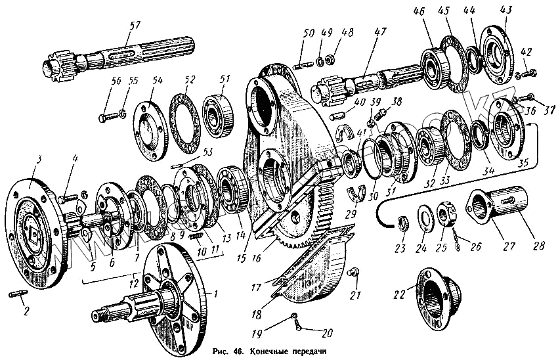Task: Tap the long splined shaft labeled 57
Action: coord(118,55)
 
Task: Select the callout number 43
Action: coord(505,12)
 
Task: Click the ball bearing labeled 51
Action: coord(217,110)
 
